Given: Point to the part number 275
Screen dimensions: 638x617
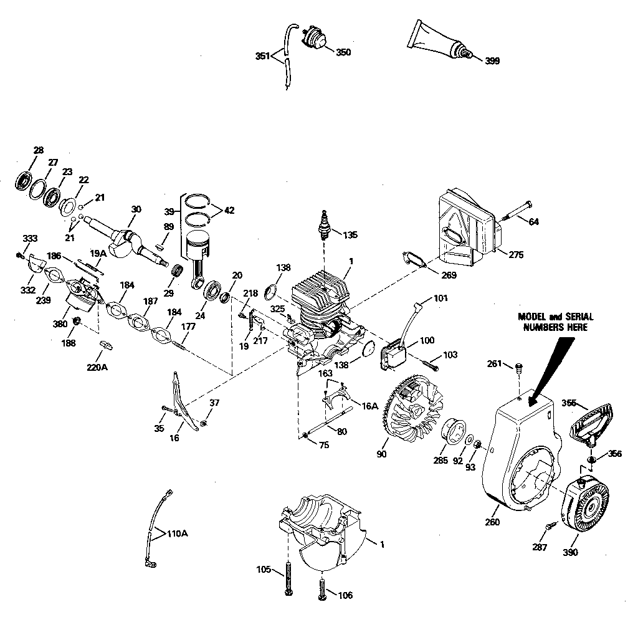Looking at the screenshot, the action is (x=515, y=255).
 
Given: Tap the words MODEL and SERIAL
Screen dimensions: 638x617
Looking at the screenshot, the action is (x=555, y=317).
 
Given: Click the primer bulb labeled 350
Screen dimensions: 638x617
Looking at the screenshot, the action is (x=315, y=39).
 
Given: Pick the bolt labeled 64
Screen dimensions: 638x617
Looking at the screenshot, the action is (x=517, y=210).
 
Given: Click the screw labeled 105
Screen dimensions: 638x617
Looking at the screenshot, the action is (x=288, y=578).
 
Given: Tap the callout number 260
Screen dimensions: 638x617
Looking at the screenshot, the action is (x=492, y=522).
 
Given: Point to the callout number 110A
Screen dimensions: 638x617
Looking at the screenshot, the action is (x=177, y=533).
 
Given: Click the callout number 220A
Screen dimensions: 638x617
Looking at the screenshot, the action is (x=97, y=367).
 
